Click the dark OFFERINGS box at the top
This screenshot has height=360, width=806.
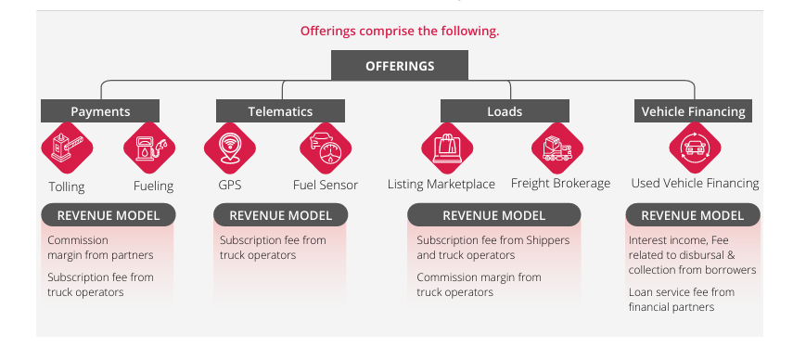coord(400,66)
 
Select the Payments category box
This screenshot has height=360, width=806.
coord(100,111)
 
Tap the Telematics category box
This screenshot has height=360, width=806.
coord(280,111)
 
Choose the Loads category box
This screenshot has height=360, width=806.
coord(504,111)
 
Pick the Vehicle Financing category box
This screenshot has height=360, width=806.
coord(693,111)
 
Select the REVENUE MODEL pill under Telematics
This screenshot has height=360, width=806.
coord(280,215)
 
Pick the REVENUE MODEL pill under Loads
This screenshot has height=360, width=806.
coord(493,215)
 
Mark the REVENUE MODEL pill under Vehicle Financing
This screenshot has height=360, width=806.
coord(692,215)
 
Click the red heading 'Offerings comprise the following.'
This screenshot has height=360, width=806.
coord(400,31)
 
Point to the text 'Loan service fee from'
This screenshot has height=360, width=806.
coord(680,292)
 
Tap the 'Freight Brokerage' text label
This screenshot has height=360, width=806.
coord(560,184)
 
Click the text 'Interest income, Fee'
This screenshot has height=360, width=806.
coord(678,239)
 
